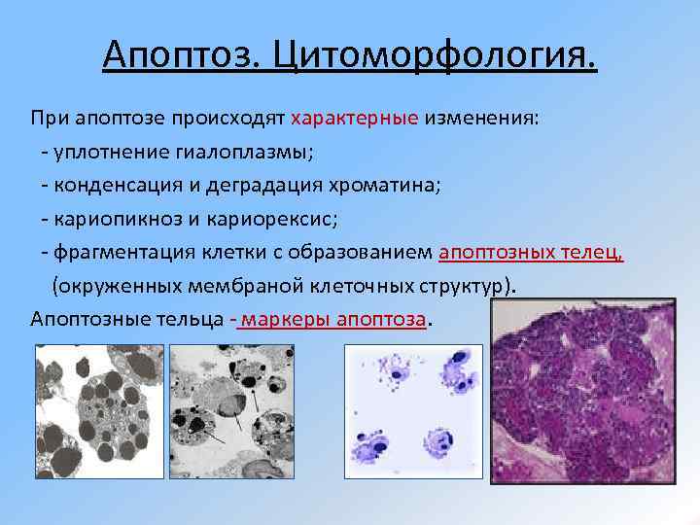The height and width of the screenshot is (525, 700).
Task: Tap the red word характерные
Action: (354, 118)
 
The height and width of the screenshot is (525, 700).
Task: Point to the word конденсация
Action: (112, 186)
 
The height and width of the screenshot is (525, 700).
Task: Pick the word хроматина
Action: (389, 186)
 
